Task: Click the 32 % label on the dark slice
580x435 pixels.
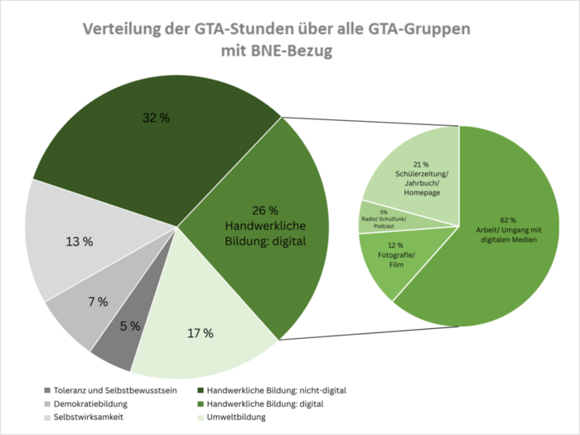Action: [156, 118]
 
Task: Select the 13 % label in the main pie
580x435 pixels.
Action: [79, 242]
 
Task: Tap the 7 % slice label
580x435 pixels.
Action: [97, 302]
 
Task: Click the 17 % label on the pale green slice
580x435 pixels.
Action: [200, 333]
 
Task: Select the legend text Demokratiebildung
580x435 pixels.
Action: [93, 404]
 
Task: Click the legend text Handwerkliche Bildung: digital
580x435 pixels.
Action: [264, 404]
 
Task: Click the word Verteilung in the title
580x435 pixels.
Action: [123, 30]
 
